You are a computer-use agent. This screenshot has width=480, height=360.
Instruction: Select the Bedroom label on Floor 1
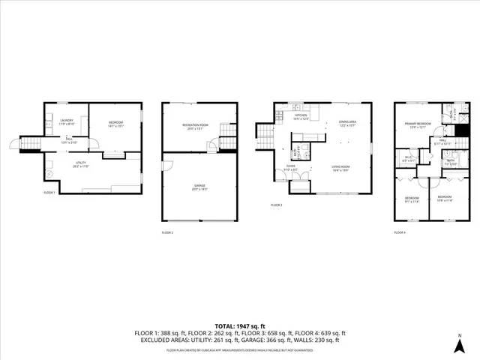point(115,124)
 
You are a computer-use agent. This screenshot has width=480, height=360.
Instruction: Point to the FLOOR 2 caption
point(167,232)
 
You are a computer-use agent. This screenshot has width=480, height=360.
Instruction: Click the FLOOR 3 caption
point(276,205)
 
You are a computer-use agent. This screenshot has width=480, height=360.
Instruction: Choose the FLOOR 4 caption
point(400,232)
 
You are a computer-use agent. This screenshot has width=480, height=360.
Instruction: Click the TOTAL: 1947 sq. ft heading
point(240,324)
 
